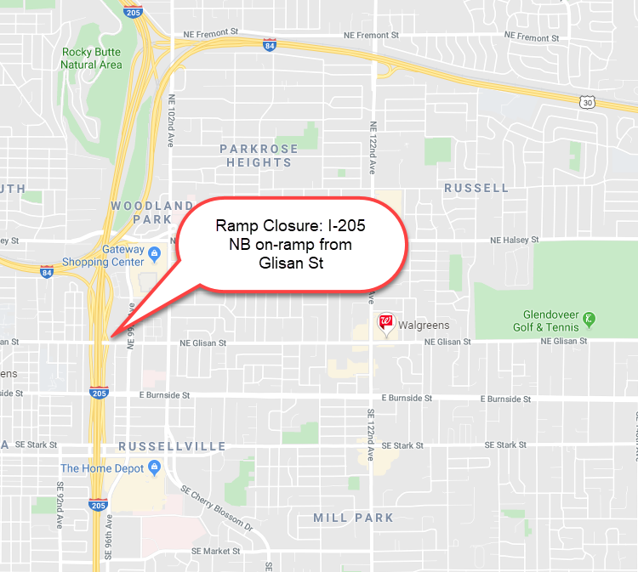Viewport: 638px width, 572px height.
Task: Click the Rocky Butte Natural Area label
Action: tap(91, 58)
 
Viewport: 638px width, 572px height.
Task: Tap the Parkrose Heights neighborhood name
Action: tap(259, 156)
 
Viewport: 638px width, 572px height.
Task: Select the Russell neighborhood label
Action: tap(476, 188)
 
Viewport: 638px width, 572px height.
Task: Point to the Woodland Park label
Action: tap(151, 212)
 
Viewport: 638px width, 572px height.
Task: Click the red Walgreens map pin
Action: tap(387, 322)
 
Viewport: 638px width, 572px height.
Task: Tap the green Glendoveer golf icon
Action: tap(588, 320)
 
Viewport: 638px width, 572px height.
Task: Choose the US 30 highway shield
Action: tap(586, 103)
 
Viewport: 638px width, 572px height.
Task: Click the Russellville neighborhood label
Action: tap(173, 446)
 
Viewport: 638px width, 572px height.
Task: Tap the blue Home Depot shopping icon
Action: tap(154, 467)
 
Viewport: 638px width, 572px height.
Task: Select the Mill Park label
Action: tap(353, 518)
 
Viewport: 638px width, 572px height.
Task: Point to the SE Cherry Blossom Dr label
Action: tap(217, 507)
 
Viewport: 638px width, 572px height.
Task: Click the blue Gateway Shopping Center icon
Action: tap(154, 252)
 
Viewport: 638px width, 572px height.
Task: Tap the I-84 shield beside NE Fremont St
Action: tap(269, 42)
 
